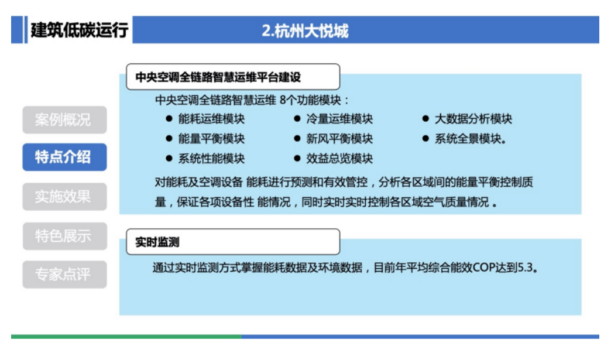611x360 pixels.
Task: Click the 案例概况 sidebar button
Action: click(x=65, y=120)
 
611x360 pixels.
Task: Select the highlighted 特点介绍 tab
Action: click(x=65, y=157)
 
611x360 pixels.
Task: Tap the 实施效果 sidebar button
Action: click(x=65, y=197)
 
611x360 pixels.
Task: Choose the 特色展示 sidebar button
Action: click(x=65, y=236)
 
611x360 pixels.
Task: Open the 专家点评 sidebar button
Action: click(x=65, y=275)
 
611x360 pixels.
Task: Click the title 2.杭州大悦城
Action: click(x=305, y=31)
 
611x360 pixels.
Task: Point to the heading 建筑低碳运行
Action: click(x=80, y=30)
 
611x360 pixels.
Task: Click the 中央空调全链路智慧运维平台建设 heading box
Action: click(x=233, y=77)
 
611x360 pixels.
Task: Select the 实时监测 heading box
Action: click(x=233, y=242)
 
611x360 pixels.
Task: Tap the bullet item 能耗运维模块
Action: click(x=212, y=119)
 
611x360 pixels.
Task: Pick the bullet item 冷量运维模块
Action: click(x=339, y=119)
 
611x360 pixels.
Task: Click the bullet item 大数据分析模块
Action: click(x=473, y=119)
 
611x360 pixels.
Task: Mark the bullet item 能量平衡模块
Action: click(x=212, y=139)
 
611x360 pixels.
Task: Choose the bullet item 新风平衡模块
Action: click(x=339, y=139)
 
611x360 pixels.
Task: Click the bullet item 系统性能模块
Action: click(x=212, y=159)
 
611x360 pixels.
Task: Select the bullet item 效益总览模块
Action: click(x=339, y=159)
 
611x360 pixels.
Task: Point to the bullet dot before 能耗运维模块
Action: click(x=169, y=118)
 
